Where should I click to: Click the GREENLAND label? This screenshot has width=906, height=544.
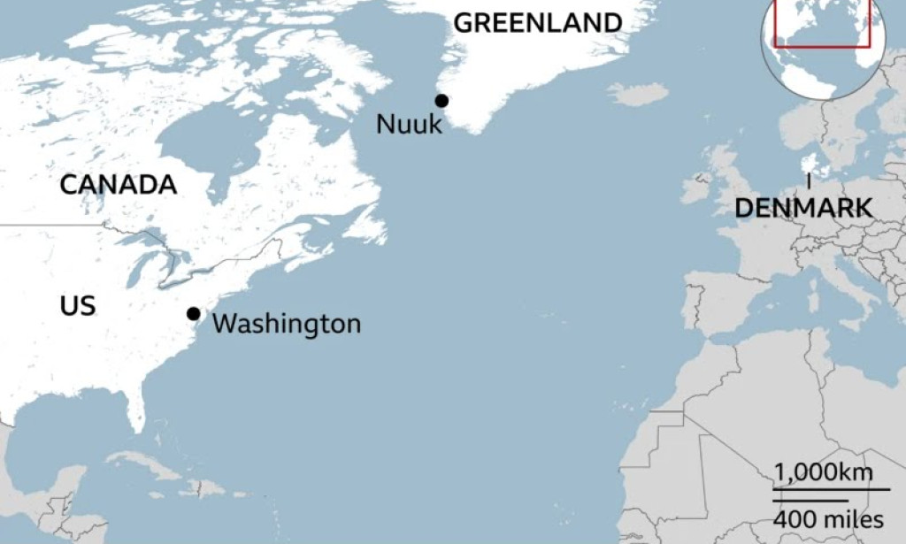click(x=538, y=24)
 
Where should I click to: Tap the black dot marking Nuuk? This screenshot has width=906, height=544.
click(x=441, y=101)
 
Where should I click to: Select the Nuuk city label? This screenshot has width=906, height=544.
click(x=409, y=124)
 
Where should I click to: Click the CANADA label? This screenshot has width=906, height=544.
click(x=119, y=185)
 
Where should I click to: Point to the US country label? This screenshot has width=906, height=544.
click(x=78, y=307)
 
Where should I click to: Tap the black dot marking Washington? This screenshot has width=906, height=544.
click(x=193, y=314)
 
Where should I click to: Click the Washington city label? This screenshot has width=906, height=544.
click(x=287, y=324)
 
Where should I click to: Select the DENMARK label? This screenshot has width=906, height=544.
click(x=803, y=209)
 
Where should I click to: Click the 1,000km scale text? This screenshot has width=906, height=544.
click(x=824, y=473)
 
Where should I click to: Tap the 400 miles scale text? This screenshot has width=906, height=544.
click(x=828, y=519)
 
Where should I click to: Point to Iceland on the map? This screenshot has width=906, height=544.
click(x=637, y=93)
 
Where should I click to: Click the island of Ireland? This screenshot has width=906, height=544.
click(x=695, y=188)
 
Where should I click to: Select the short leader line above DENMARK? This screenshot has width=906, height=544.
click(x=809, y=182)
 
